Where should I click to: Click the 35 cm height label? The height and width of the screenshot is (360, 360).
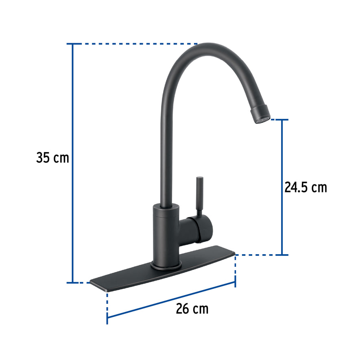click(x=52, y=157)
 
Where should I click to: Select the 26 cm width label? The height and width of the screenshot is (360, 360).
click(x=192, y=308)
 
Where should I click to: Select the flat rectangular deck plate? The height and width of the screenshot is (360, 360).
click(x=163, y=273)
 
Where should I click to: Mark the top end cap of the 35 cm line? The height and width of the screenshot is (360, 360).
click(x=73, y=44)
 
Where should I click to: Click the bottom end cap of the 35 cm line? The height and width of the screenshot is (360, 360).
click(x=73, y=282)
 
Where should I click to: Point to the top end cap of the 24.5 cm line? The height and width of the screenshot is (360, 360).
click(x=282, y=120)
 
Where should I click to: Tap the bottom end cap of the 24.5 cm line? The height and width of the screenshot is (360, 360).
click(x=282, y=255)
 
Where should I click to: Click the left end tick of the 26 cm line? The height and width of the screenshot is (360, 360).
click(x=107, y=316)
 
